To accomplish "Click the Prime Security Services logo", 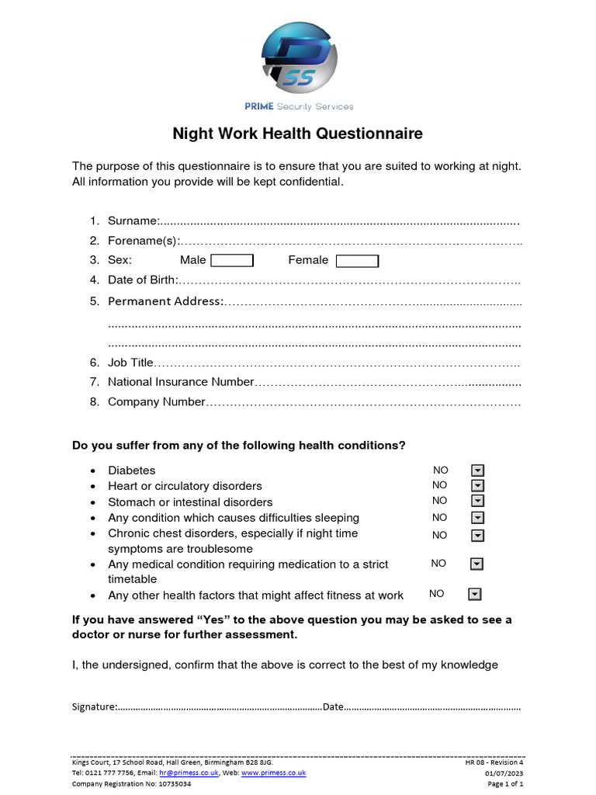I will tap(299, 59).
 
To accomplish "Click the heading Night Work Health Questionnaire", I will tap(297, 134).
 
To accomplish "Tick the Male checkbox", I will tap(232, 261).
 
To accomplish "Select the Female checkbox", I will tap(357, 261).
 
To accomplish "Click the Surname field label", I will tap(133, 220).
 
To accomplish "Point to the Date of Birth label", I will tap(143, 279).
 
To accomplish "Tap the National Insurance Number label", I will tap(181, 382).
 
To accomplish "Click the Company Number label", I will tap(156, 402).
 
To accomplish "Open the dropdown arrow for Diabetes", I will tap(478, 470).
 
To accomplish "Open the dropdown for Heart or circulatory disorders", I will tap(478, 486).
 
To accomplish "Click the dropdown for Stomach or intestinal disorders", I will tap(478, 502).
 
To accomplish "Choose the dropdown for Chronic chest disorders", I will tap(478, 536).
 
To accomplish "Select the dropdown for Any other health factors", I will tap(475, 595).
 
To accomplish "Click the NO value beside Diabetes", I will tap(441, 470).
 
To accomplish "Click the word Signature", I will tap(95, 706).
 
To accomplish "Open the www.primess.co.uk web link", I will tap(273, 773).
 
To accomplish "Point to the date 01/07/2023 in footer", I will tap(504, 773).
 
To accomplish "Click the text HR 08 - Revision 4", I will tap(494, 763).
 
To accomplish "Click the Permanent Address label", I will tap(165, 301).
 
